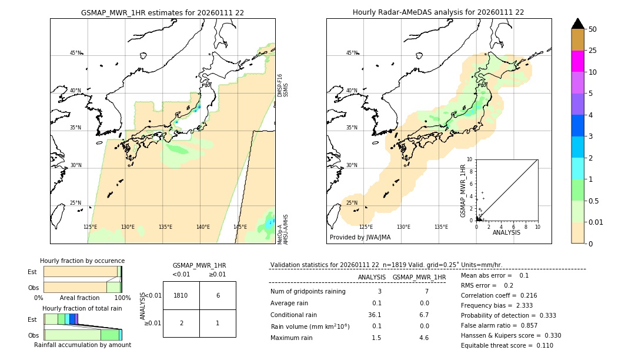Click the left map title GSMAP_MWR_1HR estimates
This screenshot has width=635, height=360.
pos(162,12)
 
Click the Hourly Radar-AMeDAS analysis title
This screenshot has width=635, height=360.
pos(438,12)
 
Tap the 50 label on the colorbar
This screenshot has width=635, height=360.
pos(593,29)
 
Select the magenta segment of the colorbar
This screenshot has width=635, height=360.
pos(577,61)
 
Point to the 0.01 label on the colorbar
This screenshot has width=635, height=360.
pos(596,222)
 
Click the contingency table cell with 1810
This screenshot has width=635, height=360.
pos(181,295)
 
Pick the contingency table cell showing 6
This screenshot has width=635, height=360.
pos(218,295)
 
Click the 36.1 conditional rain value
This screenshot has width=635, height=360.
pos(375,315)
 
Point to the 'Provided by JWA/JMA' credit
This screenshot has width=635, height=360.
pos(360,237)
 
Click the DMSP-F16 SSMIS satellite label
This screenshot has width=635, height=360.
pos(283,85)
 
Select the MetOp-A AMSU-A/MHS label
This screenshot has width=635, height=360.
pos(283,229)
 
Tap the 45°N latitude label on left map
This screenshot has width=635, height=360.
pos(75,53)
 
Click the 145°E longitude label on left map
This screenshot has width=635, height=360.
pos(240,227)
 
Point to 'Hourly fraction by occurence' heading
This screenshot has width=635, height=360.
pos(82,261)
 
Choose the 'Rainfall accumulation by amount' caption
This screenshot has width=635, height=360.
pos(82,345)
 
